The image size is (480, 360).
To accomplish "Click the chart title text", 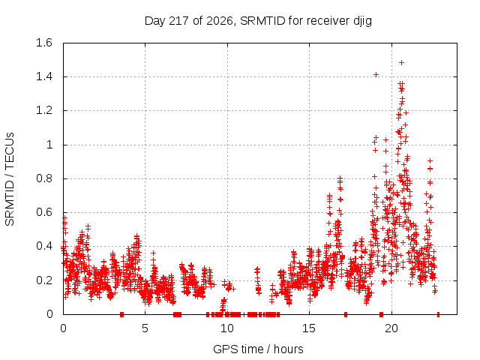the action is (258, 21).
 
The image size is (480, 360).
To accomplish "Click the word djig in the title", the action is (363, 21).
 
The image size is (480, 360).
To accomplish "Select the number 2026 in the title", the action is (220, 21).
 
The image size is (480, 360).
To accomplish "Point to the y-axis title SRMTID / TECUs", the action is (10, 179).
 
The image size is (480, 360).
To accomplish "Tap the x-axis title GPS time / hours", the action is (258, 349).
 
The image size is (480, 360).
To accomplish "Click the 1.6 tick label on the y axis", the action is (44, 43).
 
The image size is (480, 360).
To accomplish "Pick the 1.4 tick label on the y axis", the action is (44, 76).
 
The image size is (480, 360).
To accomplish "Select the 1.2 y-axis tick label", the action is (44, 111).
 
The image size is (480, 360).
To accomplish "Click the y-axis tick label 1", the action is (49, 145).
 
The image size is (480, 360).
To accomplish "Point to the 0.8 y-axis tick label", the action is (44, 178).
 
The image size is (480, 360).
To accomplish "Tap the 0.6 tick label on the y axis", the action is (44, 212).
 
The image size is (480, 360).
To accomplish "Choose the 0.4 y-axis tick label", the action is (44, 247).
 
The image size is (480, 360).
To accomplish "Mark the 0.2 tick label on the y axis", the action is (44, 280).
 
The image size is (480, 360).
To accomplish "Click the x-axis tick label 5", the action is (145, 328).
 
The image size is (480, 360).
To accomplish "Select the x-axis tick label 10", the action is (226, 328).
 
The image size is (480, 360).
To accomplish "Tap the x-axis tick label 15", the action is (309, 328).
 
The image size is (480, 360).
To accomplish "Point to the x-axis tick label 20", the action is (391, 328).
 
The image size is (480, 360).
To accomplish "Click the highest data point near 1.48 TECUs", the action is (402, 63).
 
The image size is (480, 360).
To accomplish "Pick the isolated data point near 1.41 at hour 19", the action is (376, 74).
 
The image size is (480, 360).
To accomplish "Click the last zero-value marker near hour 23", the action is (438, 314).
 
